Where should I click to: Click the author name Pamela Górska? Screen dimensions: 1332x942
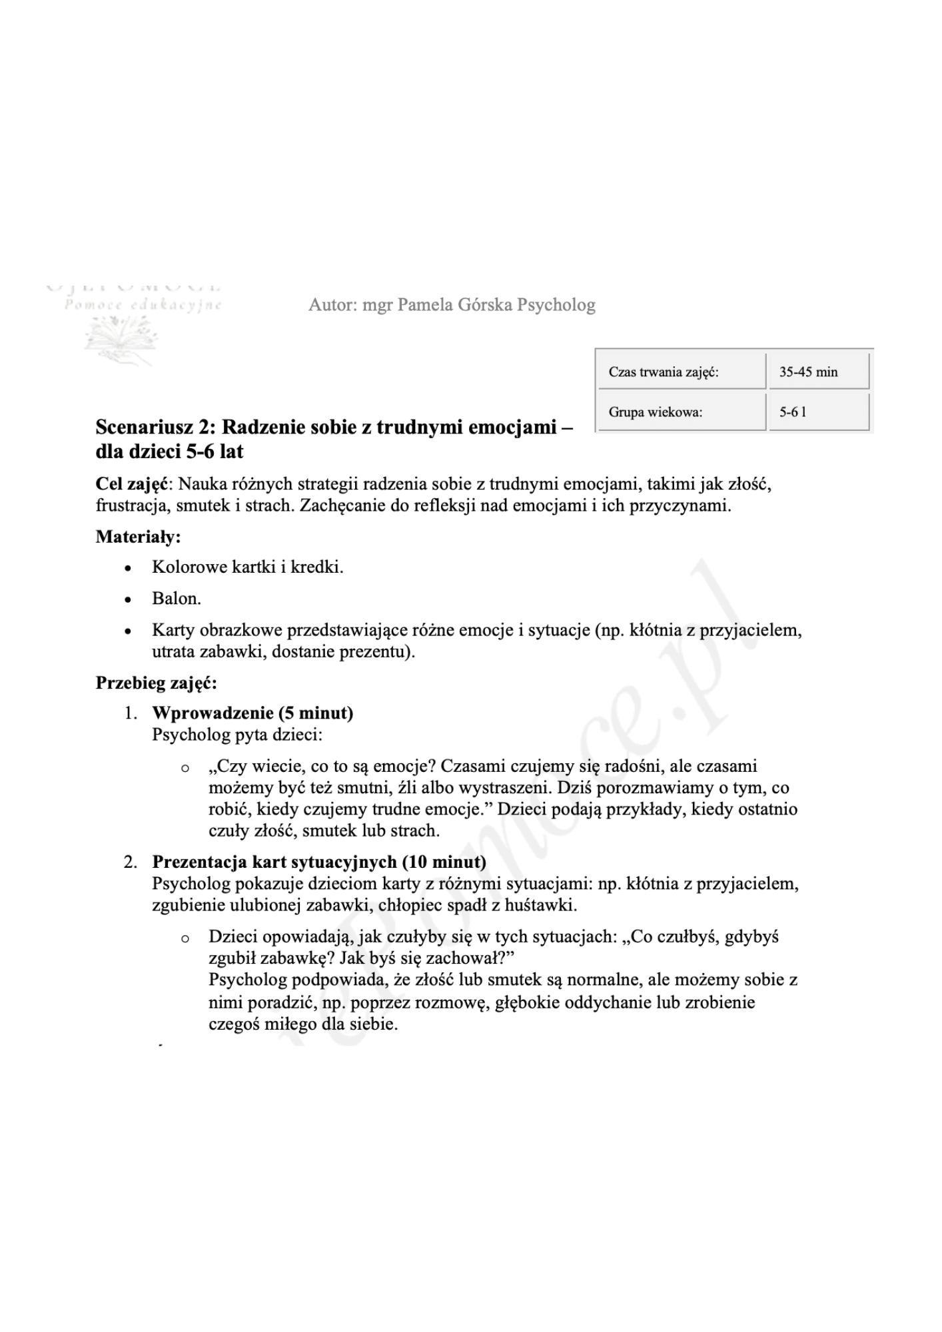[x=455, y=305]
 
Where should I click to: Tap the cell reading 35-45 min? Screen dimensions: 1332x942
[x=818, y=372]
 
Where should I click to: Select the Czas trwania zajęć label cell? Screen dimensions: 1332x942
[x=682, y=372]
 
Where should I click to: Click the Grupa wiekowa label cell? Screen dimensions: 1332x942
[x=682, y=412]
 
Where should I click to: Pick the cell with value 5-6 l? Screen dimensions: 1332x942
[x=818, y=412]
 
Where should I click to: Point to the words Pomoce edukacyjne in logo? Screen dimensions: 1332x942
[x=143, y=305]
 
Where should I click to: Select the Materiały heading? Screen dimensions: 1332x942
[x=138, y=536]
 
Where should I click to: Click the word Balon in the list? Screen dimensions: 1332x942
[x=175, y=598]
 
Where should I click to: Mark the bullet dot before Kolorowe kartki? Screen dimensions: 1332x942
[x=128, y=568]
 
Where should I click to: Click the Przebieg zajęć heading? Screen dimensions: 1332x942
[x=156, y=683]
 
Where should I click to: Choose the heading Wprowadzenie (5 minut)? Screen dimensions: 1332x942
[x=252, y=713]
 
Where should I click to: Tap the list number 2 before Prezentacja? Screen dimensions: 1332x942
[x=130, y=862]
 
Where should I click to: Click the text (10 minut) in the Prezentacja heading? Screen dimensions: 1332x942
[x=444, y=862]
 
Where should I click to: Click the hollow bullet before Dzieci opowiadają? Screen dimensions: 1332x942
[x=185, y=938]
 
